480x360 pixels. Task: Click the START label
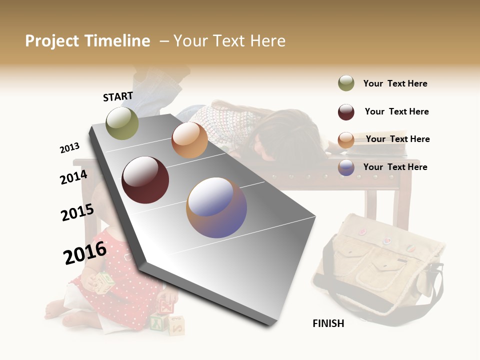point(118,96)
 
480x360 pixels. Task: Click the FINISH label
point(328,323)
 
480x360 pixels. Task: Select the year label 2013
point(69,148)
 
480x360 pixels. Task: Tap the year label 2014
point(73,177)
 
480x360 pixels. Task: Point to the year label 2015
point(77,212)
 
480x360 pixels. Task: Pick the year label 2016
point(85,252)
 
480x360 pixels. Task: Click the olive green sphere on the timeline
point(122,123)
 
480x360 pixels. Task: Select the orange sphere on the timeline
point(189,140)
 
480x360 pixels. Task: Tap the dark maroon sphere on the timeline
point(145,179)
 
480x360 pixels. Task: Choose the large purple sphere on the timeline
point(216,207)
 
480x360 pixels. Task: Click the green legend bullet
point(346,83)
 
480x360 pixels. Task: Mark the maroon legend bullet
point(346,112)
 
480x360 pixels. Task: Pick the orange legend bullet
point(346,140)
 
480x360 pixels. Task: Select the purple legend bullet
point(346,167)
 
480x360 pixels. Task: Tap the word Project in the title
point(52,41)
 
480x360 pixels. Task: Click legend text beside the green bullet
point(395,83)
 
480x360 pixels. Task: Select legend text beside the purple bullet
point(395,167)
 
